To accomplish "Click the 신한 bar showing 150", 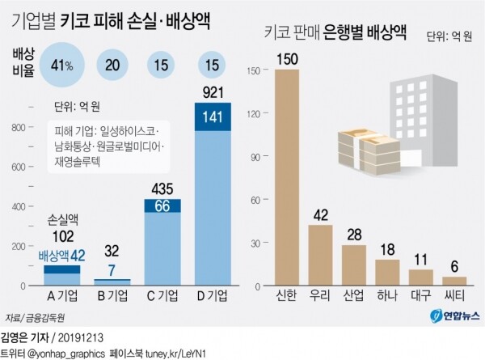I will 287,178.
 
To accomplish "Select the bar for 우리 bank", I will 320,256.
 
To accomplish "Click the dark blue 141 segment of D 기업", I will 211,116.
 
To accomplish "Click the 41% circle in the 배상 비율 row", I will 62,64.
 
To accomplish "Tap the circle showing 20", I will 112,64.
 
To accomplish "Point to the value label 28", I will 353,235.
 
